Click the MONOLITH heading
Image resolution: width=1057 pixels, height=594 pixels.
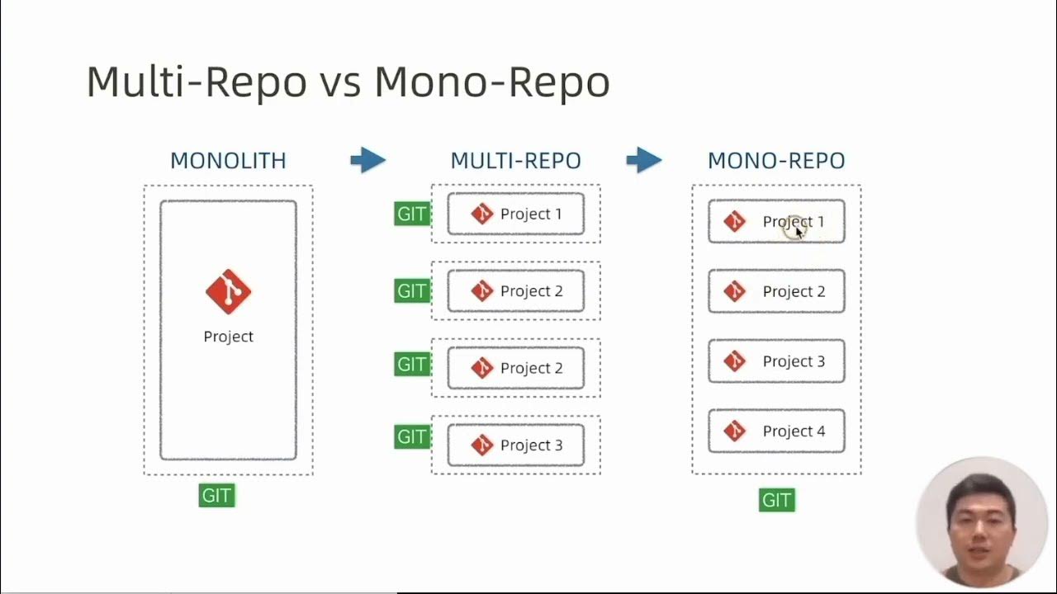(228, 160)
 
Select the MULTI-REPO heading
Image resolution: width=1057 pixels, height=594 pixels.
(515, 160)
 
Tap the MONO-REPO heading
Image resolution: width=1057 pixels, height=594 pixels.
(776, 160)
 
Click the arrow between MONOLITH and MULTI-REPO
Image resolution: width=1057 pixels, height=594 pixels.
(367, 160)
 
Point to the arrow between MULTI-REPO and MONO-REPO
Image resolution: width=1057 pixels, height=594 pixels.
(644, 160)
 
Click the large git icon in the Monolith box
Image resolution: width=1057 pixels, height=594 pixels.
(228, 291)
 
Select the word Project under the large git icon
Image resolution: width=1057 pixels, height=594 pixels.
(228, 337)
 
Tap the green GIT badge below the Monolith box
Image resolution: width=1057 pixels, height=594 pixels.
(216, 496)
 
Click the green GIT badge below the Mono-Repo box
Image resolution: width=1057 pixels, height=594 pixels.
(776, 500)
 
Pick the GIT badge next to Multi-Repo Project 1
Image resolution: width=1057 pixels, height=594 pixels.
(411, 214)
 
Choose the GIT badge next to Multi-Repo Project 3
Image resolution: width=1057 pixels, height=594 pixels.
(411, 437)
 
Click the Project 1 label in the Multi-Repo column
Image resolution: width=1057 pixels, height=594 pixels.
(530, 214)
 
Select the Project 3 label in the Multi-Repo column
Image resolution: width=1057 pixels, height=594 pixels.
(530, 445)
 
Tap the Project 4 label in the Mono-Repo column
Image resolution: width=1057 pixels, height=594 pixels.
(793, 431)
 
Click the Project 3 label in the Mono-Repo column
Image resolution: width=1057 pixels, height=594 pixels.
(793, 361)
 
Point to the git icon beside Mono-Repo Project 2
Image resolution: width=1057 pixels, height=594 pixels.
(734, 291)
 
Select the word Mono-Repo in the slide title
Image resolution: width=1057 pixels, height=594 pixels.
(492, 82)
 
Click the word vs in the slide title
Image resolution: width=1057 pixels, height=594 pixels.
(339, 82)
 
